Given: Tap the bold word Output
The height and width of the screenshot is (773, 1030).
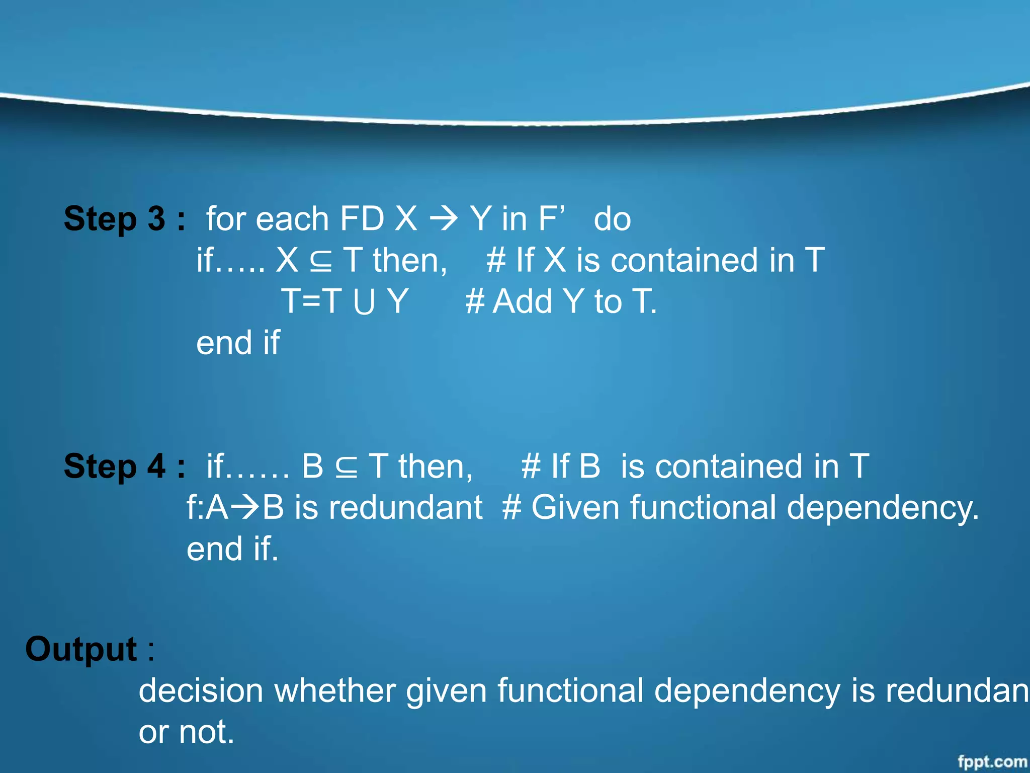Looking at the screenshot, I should [81, 649].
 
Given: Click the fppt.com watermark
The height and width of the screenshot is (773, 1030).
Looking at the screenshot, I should [992, 761].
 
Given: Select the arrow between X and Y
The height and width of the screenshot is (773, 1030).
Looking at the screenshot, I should [444, 219].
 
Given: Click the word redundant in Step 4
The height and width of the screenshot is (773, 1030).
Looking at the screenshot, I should [405, 508].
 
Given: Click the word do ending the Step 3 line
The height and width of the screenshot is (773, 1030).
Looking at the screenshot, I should [612, 219].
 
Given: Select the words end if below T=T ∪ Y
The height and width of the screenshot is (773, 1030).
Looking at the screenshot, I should [237, 343].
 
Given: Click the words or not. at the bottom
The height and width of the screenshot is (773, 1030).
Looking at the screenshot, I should [186, 732].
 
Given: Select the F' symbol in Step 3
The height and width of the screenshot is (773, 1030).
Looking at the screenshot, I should [552, 218].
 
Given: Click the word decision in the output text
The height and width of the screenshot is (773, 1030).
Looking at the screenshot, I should [201, 691].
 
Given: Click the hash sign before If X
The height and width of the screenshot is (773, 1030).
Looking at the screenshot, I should [496, 261].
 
